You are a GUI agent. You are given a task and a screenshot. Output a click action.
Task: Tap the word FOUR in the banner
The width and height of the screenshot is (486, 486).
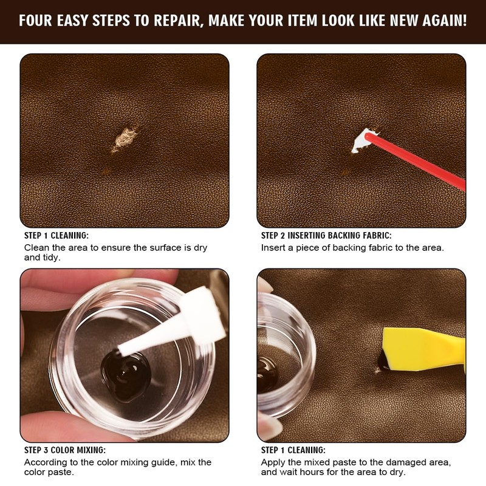(x=38, y=21)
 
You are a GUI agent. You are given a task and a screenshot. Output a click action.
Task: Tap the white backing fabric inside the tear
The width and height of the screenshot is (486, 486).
(x=363, y=141)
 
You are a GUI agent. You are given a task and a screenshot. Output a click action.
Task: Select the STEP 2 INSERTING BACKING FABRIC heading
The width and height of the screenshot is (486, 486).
(x=326, y=236)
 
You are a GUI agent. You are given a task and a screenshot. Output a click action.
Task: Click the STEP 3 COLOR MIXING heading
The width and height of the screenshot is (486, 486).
(x=64, y=450)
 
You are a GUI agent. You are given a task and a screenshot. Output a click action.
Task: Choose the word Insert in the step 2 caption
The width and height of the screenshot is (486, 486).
(x=273, y=248)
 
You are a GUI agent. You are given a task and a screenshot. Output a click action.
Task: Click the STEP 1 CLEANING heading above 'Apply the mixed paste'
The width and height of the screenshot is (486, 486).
(x=293, y=450)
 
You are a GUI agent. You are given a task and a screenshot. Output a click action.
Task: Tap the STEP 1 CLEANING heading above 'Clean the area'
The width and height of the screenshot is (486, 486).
(x=56, y=236)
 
